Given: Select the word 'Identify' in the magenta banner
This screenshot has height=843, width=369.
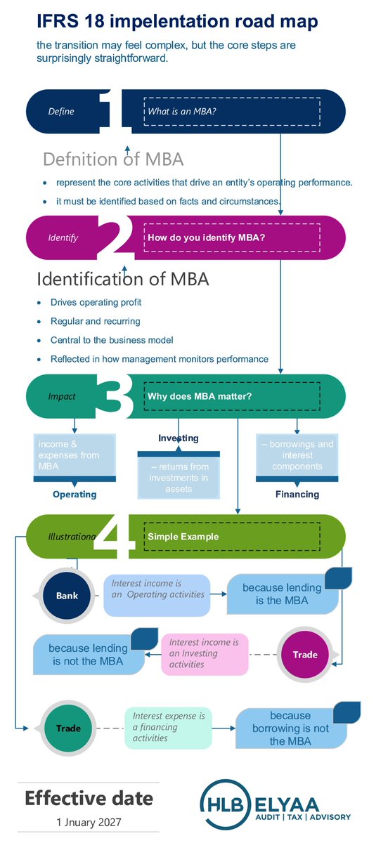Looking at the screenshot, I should click(x=63, y=237).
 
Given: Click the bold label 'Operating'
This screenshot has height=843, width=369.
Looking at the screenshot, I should click(x=75, y=494).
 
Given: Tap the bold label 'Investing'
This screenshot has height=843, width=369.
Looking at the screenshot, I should click(x=178, y=438).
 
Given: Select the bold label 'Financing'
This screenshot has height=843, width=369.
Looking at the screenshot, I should click(x=297, y=494).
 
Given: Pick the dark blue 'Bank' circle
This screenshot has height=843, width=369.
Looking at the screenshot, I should click(x=67, y=596).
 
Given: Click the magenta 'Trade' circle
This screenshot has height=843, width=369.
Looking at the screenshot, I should click(x=305, y=654).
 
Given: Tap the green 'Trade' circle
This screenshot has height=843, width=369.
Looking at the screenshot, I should click(x=68, y=728).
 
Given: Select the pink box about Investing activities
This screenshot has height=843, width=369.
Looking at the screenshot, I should click(x=205, y=653).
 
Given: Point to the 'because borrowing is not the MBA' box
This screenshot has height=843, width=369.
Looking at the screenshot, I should click(x=290, y=728).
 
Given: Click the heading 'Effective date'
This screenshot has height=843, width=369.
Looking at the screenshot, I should click(x=89, y=798).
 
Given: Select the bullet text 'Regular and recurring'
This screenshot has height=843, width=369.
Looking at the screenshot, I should click(x=96, y=321).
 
